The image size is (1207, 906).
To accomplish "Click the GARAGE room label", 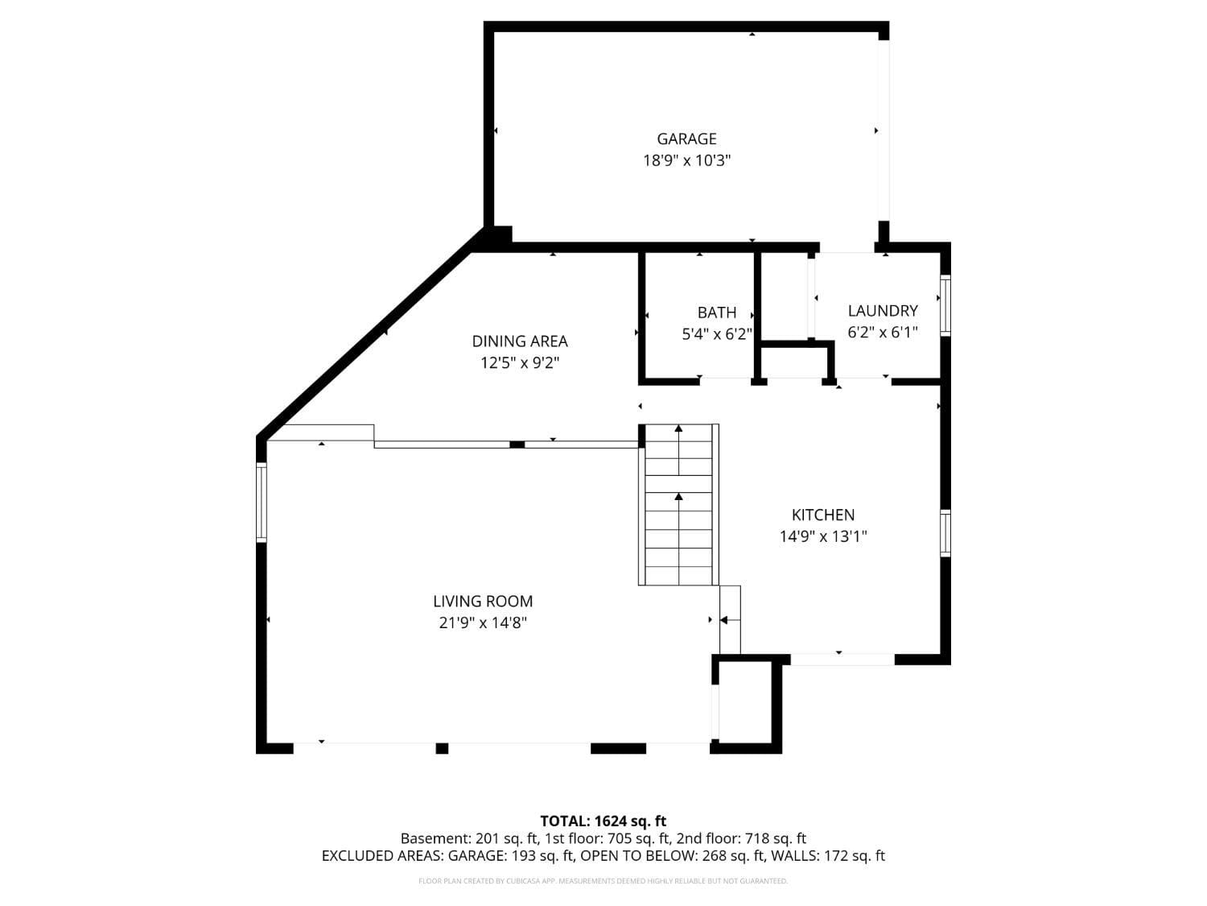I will [686, 139].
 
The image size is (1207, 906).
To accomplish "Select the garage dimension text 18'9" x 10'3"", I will [686, 160].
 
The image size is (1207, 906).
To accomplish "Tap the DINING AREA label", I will [519, 341].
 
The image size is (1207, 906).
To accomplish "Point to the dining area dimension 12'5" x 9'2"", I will [519, 363].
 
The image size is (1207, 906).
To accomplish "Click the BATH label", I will [716, 312].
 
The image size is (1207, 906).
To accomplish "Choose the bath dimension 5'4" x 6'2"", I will [716, 334].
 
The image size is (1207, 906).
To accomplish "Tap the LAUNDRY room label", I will [882, 311].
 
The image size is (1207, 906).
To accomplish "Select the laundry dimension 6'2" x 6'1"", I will [882, 332].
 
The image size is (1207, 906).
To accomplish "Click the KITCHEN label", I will [822, 515].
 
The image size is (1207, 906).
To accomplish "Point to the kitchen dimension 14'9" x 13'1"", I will [822, 536].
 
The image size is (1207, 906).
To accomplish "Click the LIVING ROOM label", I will [483, 601].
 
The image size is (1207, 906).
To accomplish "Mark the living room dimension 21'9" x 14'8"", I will [483, 623].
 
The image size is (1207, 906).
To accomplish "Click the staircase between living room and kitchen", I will [678, 505].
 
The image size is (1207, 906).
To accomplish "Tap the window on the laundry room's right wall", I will [945, 305].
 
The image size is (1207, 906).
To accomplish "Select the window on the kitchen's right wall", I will [945, 533].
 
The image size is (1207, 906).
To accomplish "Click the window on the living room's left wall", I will [261, 501].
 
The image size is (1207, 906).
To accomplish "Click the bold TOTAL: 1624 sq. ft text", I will [603, 821].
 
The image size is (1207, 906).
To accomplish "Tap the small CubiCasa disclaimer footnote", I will [603, 881].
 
